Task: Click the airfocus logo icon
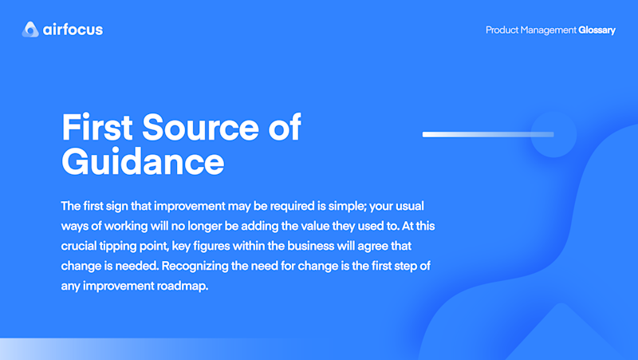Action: [x=30, y=30]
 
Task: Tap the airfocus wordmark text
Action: [x=73, y=30]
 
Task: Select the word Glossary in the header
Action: [x=597, y=30]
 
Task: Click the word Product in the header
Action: [x=502, y=30]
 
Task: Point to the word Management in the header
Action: [x=549, y=30]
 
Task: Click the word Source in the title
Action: [x=200, y=127]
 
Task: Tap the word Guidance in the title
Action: [x=143, y=162]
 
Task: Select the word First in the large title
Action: [x=96, y=127]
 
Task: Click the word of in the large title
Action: [x=285, y=127]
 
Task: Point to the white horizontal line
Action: [x=488, y=134]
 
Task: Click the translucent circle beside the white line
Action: [x=553, y=134]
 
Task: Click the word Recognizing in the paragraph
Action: [x=195, y=266]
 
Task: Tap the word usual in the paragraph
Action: [x=410, y=206]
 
